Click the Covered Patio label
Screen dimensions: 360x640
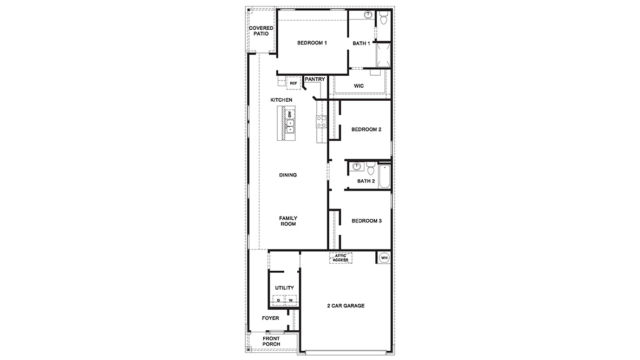pos(258,31)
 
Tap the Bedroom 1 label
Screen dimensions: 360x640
pos(311,43)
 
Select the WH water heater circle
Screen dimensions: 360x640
pos(384,258)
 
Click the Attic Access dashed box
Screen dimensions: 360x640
pos(341,258)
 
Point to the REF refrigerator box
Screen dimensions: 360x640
pos(293,83)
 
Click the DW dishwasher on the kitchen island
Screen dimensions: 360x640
pos(290,115)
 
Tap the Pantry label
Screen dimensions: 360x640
pos(315,80)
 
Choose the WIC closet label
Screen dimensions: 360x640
pos(358,86)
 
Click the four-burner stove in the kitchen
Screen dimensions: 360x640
pos(322,122)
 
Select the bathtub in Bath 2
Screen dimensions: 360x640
pos(384,176)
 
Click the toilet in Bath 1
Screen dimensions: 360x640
pos(384,19)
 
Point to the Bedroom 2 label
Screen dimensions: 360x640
pos(367,129)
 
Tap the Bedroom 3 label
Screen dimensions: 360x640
pos(367,221)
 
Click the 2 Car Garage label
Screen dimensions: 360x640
pos(345,306)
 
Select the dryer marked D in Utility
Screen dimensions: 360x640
pos(279,300)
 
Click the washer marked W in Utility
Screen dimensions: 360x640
pos(291,300)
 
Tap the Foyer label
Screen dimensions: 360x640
pos(270,318)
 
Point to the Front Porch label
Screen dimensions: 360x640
pos(271,342)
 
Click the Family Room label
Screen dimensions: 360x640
pos(288,221)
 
